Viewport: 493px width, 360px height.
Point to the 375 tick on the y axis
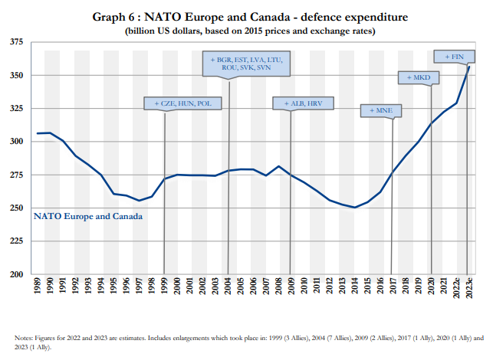pyautogui.click(x=17, y=42)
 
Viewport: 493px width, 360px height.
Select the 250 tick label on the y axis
pyautogui.click(x=17, y=208)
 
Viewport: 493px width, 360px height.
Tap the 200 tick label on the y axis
pyautogui.click(x=17, y=273)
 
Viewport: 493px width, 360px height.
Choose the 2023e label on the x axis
pyautogui.click(x=469, y=292)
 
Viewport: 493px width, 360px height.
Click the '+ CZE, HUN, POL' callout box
pyautogui.click(x=177, y=103)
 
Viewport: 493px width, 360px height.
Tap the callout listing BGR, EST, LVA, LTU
pyautogui.click(x=246, y=63)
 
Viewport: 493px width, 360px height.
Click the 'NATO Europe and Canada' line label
pyautogui.click(x=88, y=216)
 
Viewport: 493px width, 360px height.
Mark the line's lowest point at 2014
pyautogui.click(x=355, y=208)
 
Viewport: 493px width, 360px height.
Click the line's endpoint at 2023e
pyautogui.click(x=469, y=67)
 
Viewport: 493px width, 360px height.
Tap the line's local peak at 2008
pyautogui.click(x=279, y=166)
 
